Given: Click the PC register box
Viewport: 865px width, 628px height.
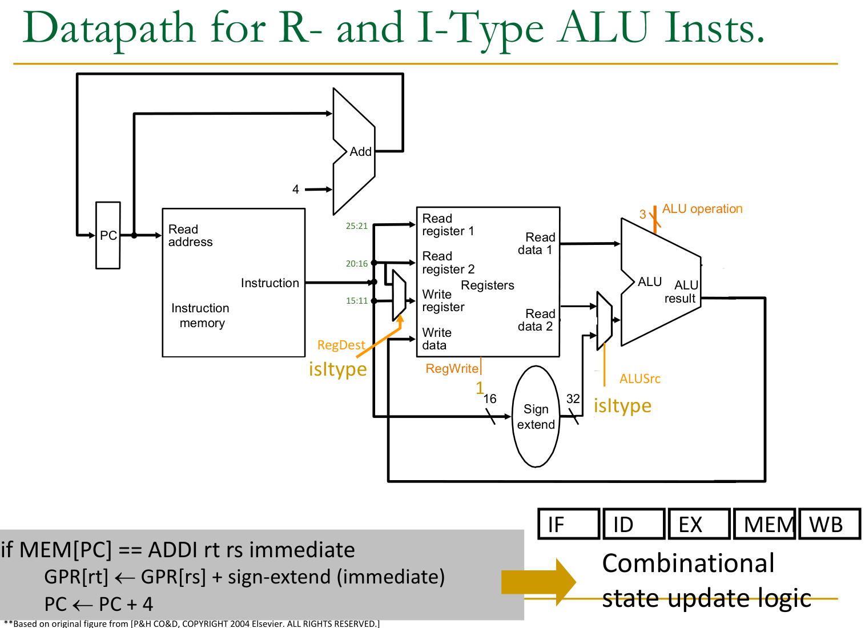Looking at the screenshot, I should [x=108, y=235].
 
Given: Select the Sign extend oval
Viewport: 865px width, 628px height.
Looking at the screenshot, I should [x=536, y=417].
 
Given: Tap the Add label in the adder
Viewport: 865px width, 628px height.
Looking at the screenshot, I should [x=360, y=152].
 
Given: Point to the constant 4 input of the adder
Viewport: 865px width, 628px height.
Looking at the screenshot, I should [x=296, y=190].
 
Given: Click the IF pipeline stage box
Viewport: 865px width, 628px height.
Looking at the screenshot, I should [x=569, y=524].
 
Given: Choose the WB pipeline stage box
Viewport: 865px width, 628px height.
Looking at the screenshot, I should [x=829, y=524].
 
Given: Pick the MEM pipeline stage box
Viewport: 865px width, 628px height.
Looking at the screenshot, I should [x=765, y=524].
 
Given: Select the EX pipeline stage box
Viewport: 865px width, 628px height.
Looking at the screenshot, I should [x=699, y=524].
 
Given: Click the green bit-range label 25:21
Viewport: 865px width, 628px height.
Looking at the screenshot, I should [x=357, y=226].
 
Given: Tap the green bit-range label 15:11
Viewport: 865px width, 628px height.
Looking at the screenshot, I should [x=357, y=301].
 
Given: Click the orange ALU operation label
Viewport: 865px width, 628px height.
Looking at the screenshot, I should [x=702, y=209].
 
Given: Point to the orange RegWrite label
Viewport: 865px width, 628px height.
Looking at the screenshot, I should [x=452, y=369].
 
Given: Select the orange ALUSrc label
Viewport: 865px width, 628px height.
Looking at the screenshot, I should [x=640, y=379].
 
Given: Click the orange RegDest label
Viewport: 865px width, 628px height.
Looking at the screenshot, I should [x=341, y=345].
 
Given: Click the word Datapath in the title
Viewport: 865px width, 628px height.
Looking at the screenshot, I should [x=108, y=29].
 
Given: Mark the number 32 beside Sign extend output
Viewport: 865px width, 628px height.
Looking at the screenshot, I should [x=573, y=399].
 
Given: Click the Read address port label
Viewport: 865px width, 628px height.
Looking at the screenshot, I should [x=190, y=236].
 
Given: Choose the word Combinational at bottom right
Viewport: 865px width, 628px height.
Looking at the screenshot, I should [x=688, y=563].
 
